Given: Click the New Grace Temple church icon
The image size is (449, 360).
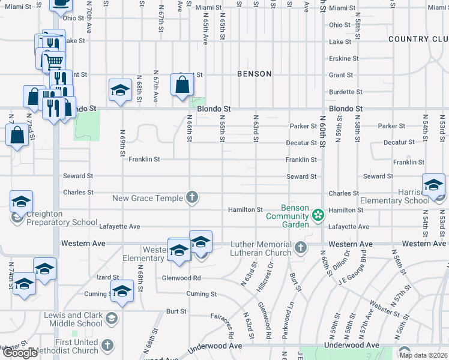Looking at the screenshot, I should point(192,197).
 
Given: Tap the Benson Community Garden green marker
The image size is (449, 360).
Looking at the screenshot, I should point(318,214).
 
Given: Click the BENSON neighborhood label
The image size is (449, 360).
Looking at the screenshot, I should point(254,74).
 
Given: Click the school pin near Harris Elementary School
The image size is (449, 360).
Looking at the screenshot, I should point(433,185).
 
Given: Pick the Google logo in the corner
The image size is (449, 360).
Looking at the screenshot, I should point(20,353).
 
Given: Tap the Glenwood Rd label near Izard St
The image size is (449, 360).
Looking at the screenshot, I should point(181,278).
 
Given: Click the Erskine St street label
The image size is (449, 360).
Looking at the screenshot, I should point(344,58).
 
